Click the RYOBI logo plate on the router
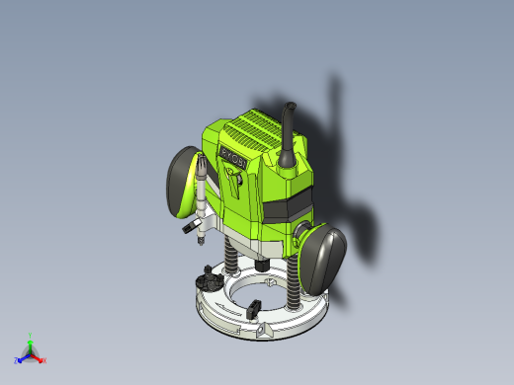(x=234, y=157)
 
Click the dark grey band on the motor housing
(x=286, y=210)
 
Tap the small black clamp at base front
(x=264, y=333)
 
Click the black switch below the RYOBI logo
(x=233, y=179)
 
